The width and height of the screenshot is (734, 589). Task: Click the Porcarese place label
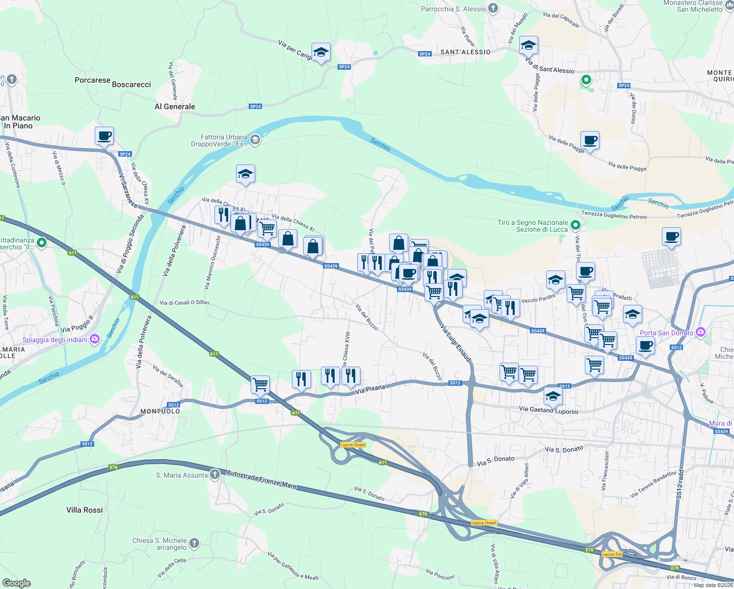(x=92, y=80)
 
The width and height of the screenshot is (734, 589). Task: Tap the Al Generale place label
(x=175, y=107)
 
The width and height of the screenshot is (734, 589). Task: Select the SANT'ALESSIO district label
(x=465, y=52)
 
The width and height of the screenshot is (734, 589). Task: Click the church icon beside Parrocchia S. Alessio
(x=493, y=8)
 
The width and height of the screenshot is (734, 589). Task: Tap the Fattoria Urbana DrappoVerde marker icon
(x=255, y=140)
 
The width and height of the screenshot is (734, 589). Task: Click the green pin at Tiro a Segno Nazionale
(x=576, y=225)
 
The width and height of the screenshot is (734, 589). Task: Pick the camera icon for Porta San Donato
(x=700, y=332)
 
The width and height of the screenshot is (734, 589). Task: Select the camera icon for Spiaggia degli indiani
(x=95, y=339)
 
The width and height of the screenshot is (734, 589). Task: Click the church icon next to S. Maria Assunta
(x=215, y=475)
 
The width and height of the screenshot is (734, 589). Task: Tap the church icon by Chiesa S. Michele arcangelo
(x=194, y=543)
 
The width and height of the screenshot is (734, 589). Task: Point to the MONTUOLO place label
(x=160, y=411)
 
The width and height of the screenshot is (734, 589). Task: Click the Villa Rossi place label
(x=84, y=510)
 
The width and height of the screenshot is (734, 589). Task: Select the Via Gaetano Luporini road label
(x=549, y=410)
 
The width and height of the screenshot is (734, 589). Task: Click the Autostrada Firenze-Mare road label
(x=262, y=479)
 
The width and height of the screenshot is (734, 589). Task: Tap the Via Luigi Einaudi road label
(x=456, y=343)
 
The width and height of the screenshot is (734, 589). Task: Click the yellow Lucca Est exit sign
(x=612, y=554)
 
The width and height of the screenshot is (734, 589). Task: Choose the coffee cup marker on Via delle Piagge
(x=590, y=140)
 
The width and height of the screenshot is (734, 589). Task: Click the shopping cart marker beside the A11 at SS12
(x=260, y=384)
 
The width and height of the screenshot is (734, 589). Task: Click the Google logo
(x=16, y=583)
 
